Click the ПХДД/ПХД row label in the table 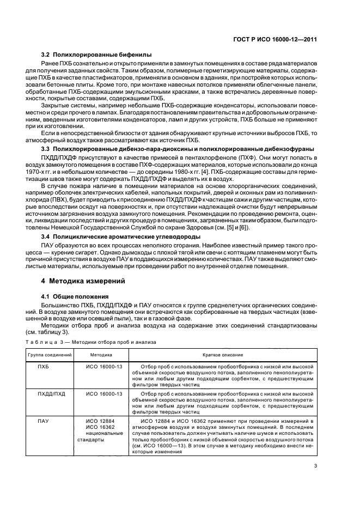[x=50, y=393]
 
